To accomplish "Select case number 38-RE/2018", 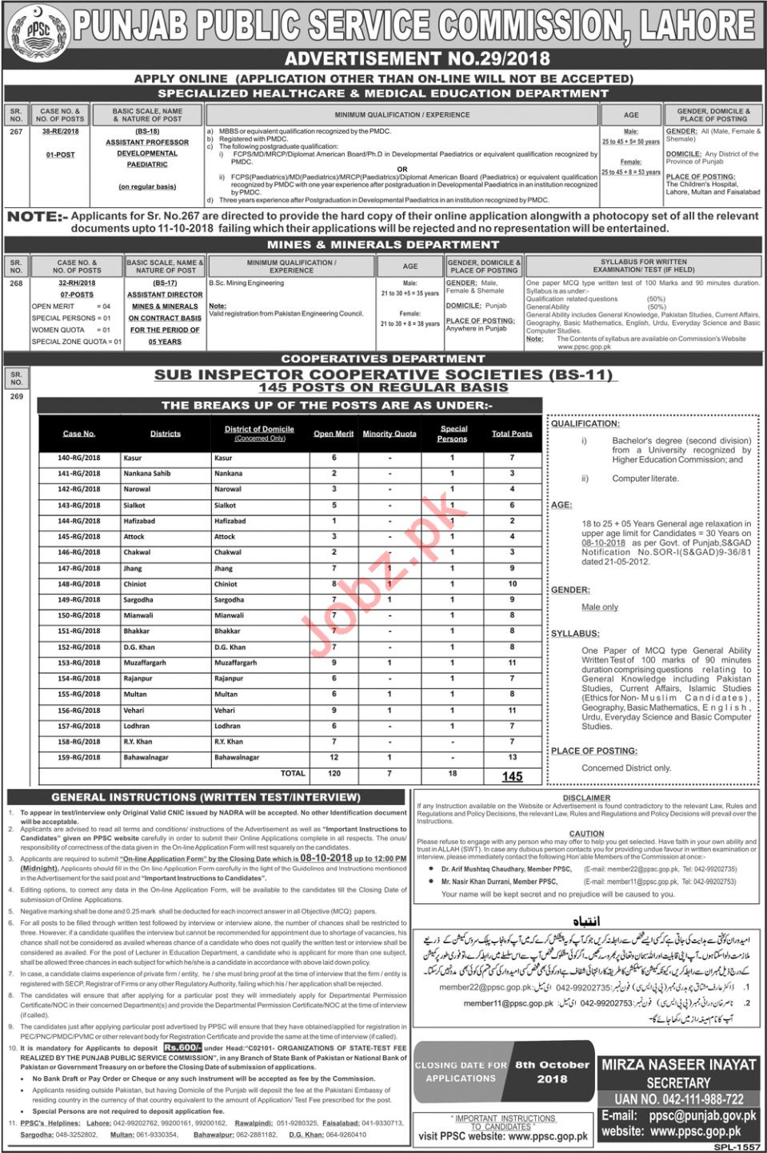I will coord(60,130).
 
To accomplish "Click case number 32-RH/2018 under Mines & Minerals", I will coord(76,282).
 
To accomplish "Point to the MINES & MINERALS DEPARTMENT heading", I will coord(384,245).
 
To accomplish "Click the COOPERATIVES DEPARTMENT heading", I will coord(383,358).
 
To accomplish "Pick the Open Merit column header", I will coord(334,434).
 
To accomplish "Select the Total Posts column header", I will coord(512,434).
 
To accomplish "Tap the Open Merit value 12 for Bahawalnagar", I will coord(334,757).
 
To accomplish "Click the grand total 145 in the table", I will coord(512,776).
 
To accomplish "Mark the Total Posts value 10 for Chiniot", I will coord(512,584).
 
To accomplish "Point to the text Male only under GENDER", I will coord(600,607).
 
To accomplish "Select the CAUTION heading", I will coord(586,834).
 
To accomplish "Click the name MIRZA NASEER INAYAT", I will coord(681,1065).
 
